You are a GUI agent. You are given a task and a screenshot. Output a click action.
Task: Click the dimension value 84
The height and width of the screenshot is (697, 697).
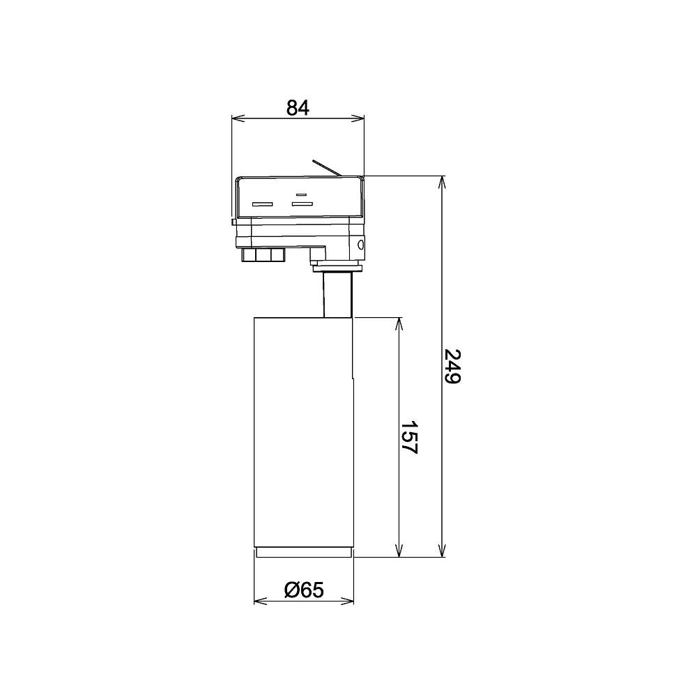[x=298, y=107]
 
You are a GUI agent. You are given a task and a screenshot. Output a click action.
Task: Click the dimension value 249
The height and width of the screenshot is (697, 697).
[x=453, y=367]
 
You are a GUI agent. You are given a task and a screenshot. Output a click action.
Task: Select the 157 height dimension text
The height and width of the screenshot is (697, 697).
[x=408, y=437]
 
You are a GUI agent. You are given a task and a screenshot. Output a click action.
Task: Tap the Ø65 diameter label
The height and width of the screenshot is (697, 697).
[x=304, y=590]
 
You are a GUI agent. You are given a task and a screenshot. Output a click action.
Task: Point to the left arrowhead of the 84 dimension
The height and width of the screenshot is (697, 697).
[x=238, y=118]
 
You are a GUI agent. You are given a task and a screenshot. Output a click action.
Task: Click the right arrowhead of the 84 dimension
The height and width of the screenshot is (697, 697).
[x=358, y=118]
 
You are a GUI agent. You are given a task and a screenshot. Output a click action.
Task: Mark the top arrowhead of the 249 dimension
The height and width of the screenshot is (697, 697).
[x=442, y=183]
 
